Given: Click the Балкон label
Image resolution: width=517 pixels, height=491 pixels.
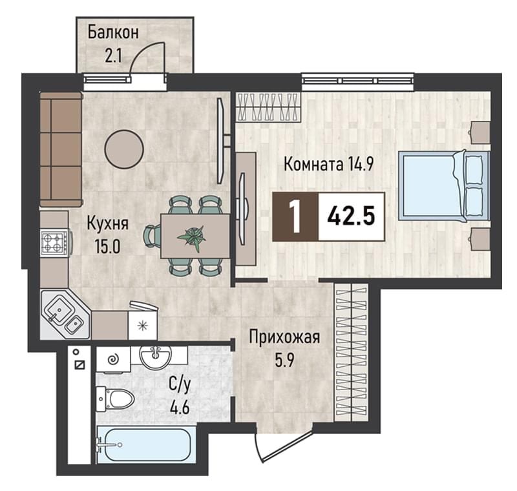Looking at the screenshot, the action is (113, 33).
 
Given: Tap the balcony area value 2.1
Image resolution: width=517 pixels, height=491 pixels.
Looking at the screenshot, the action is (113, 56).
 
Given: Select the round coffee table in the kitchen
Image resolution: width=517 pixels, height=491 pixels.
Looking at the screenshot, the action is (124, 149).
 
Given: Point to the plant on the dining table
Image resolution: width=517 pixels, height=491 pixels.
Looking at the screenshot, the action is (191, 237).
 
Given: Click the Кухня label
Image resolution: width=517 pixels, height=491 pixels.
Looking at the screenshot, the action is (107, 224).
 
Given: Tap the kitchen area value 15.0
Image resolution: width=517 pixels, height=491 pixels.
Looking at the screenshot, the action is (107, 246).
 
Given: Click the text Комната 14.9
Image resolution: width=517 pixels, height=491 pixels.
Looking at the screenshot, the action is (329, 164).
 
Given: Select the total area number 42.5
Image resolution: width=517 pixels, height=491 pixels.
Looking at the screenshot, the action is (351, 216).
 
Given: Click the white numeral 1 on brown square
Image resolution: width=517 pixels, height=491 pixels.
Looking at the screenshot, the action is (295, 216).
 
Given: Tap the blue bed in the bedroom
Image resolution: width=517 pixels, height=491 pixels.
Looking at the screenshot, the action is (444, 185).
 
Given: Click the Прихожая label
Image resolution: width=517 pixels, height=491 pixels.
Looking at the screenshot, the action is (284, 338).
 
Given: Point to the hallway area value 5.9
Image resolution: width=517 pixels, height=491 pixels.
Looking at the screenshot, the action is (284, 361).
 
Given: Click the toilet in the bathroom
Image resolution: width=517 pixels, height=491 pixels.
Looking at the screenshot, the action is (115, 399).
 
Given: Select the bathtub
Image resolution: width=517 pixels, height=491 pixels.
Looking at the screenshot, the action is (146, 445).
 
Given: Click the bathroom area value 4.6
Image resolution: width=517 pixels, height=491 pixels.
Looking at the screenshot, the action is (180, 408).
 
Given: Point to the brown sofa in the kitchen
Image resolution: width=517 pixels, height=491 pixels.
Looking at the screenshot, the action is (61, 150).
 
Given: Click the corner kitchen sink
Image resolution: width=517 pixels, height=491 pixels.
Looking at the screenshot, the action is (65, 315).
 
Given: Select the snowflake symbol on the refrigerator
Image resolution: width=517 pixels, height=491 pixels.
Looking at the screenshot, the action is (142, 326).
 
